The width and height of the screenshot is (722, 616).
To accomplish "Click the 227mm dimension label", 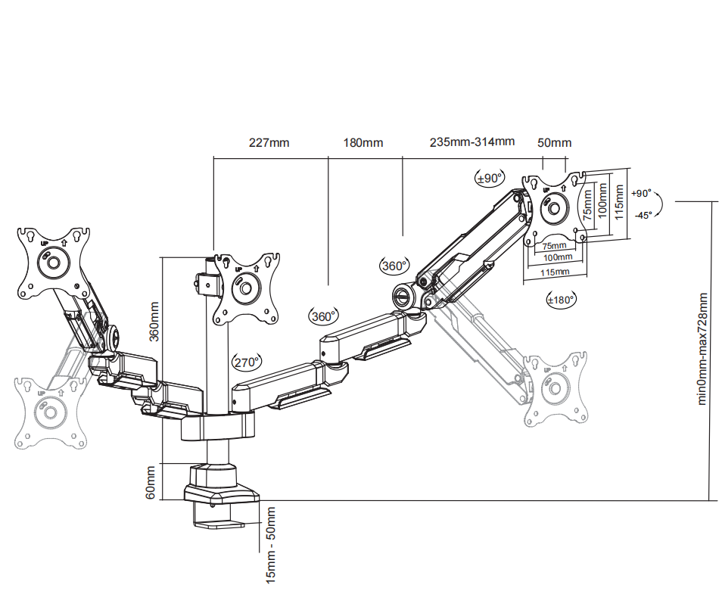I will (269, 142).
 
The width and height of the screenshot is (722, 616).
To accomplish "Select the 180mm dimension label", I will (363, 142).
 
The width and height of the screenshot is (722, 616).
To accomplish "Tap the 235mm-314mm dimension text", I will (472, 142).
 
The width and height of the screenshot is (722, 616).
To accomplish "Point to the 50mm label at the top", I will (555, 142).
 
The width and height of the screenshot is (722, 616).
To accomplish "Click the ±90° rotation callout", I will (489, 179).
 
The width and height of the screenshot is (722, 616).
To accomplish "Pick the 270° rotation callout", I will (247, 362).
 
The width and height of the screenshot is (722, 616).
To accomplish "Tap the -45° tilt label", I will (643, 215).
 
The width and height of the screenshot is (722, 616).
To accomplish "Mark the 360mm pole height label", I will (154, 322).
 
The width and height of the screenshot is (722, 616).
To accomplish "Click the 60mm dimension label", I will (151, 482).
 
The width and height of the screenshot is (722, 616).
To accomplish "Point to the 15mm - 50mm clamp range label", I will (270, 545).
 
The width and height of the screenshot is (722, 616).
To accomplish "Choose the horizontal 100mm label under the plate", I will (556, 258).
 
